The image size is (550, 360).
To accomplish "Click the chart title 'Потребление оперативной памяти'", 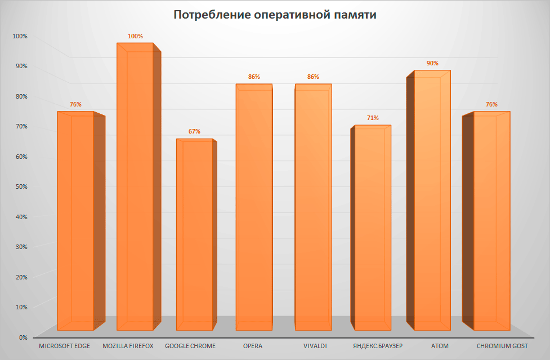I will pos(275,15).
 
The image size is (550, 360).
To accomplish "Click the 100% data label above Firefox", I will pos(135,37).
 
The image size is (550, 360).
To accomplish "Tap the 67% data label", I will pos(194,131).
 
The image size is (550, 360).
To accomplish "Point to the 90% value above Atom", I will pos(432,64).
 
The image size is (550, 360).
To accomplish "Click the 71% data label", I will pos(373,118).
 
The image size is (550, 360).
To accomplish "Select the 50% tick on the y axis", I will pos(20,186).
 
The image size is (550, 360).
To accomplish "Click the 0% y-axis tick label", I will pos(23,337).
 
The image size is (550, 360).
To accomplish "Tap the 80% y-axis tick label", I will pos(20,96).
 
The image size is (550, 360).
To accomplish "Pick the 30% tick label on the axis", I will pos(20,247).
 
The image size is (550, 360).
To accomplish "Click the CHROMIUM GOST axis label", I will pos(502,346).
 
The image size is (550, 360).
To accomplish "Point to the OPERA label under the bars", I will pos(253,346).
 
